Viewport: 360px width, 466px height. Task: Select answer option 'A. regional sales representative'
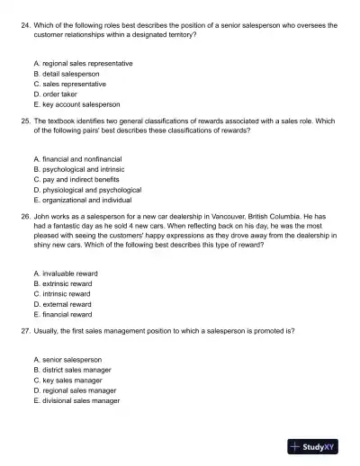click(83, 64)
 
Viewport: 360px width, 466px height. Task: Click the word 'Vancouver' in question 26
click(222, 218)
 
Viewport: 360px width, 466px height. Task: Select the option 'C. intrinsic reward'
click(63, 294)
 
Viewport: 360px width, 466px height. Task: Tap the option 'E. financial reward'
click(64, 315)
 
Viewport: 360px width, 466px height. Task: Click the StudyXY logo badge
click(318, 445)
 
